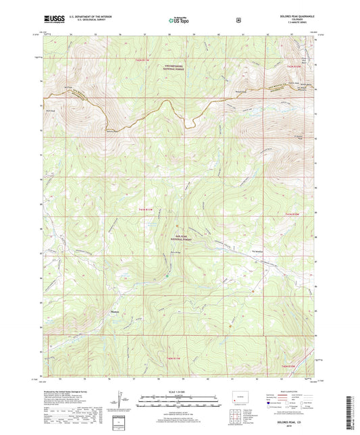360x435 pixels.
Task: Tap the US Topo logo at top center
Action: point(179,21)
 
